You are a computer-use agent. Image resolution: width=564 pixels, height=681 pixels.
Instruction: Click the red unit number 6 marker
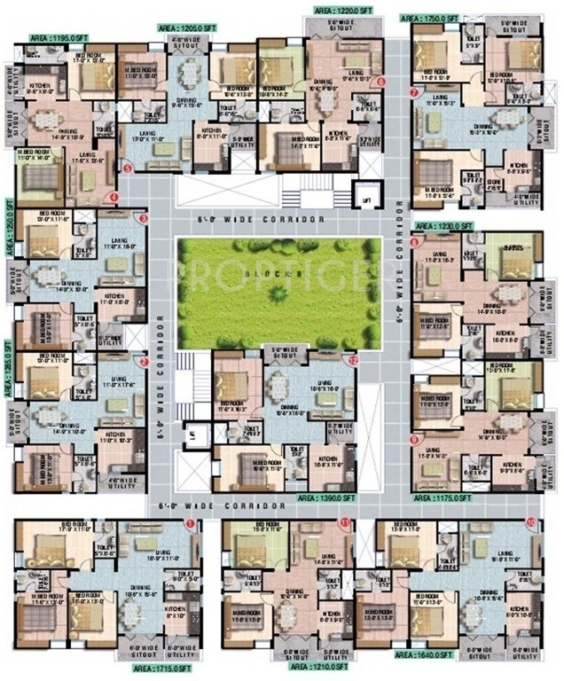pos(380,82)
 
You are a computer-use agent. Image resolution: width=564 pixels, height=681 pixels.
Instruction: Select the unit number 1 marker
pos(188,524)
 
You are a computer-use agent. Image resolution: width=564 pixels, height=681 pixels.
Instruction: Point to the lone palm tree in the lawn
pos(280,290)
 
